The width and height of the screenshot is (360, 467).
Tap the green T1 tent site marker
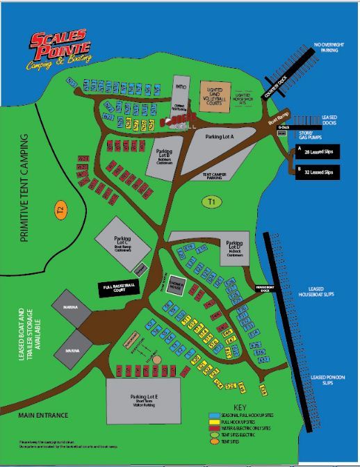(212, 202)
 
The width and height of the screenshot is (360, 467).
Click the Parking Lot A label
(220, 137)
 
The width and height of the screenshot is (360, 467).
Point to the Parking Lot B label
(165, 154)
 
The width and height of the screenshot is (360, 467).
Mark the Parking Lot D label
(234, 247)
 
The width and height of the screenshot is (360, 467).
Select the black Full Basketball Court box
(117, 286)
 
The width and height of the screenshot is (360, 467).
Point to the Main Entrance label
(43, 415)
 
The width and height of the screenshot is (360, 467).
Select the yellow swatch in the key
(215, 422)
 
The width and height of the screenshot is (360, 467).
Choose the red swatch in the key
(215, 428)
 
